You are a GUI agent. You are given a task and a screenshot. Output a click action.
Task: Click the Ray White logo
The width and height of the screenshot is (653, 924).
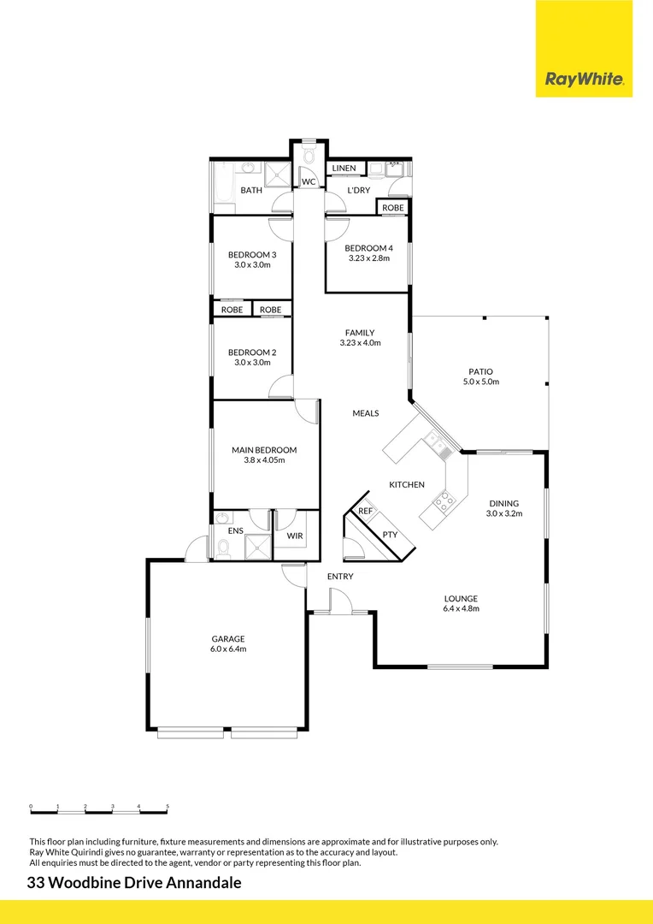pos(584,80)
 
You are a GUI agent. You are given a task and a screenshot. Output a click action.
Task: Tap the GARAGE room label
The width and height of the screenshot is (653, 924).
pos(228,638)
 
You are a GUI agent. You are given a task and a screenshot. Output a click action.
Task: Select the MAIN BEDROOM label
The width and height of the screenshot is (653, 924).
pos(264,450)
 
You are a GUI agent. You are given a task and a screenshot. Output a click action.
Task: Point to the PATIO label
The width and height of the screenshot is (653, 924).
pos(480,371)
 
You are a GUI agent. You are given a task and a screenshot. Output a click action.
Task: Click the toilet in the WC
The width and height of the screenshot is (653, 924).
pos(309,157)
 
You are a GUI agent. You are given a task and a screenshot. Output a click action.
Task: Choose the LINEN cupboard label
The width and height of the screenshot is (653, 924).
pos(344,169)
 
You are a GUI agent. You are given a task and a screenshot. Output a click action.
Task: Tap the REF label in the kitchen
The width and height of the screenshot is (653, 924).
pos(365,511)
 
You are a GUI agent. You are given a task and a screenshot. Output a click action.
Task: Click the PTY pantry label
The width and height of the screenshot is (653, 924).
pos(390,534)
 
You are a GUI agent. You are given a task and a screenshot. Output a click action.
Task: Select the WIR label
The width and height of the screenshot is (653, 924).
pos(294,536)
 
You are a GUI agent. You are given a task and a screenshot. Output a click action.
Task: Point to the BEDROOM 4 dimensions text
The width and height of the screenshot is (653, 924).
pos(368,258)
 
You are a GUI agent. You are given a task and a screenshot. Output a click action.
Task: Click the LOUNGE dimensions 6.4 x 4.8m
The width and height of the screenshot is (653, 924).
pos(461,609)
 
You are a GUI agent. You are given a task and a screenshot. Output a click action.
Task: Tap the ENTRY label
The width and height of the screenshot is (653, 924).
pos(340,577)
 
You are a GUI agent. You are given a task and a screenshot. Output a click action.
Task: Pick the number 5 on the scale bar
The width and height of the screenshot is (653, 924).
pos(168,806)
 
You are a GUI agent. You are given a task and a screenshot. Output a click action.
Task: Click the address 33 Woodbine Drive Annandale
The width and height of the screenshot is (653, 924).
pos(134,883)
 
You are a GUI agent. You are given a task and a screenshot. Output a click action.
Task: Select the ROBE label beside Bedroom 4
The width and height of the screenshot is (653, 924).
pos(393,208)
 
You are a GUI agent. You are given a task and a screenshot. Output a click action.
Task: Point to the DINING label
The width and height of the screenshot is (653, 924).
pos(504,503)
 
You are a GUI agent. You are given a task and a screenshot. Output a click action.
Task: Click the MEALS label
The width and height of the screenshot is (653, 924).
pos(366,413)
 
